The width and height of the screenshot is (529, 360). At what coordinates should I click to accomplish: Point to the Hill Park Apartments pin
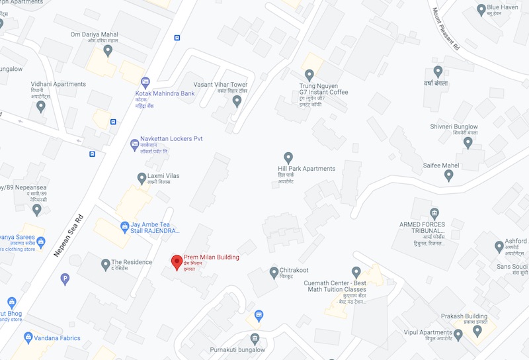[288, 157]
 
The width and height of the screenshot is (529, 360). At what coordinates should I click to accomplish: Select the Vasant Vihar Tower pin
[237, 101]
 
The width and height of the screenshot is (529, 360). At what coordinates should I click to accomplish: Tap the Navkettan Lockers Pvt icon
[134, 143]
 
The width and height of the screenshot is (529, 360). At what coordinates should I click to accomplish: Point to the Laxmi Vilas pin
[142, 177]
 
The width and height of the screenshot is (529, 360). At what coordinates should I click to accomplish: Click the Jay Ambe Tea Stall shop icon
[124, 226]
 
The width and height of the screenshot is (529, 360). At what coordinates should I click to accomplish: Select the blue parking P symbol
[65, 279]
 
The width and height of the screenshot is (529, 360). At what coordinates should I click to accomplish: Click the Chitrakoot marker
[274, 272]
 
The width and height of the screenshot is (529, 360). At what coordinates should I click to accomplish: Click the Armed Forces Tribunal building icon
[434, 213]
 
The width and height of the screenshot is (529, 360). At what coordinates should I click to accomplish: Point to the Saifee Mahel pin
[448, 175]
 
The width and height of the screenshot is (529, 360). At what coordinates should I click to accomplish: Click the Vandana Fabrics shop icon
[28, 337]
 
